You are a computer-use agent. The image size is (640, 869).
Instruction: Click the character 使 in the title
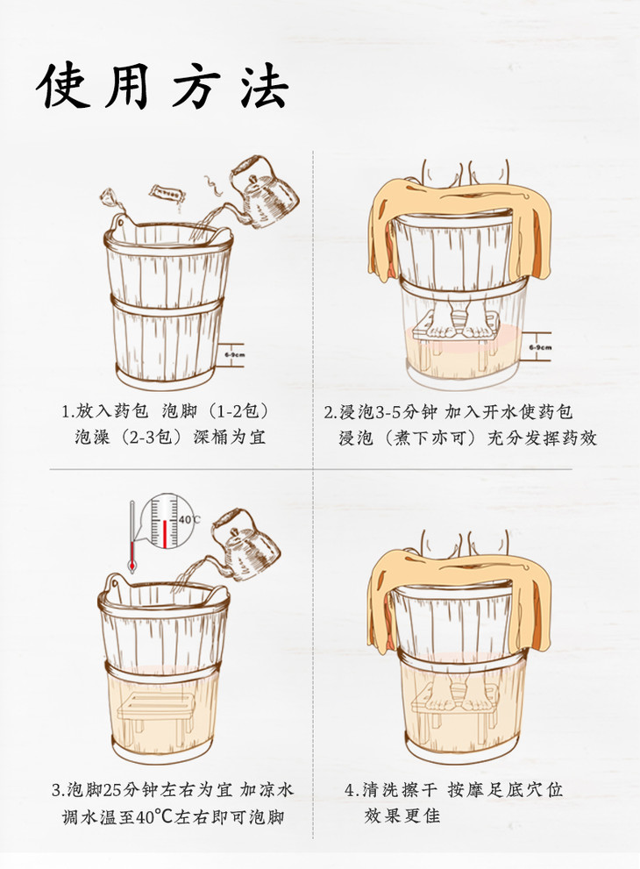[x=64, y=86]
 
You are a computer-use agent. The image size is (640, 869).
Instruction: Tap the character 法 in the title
[x=264, y=86]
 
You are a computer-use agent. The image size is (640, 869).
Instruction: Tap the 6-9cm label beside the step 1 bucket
[x=235, y=354]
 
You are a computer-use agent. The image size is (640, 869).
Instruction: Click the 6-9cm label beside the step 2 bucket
[x=540, y=347]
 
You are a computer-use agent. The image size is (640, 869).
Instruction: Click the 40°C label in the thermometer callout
[x=189, y=520]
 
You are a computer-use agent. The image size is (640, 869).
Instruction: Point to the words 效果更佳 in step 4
[x=402, y=816]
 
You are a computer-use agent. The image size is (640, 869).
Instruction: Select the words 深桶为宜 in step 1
[x=229, y=438]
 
